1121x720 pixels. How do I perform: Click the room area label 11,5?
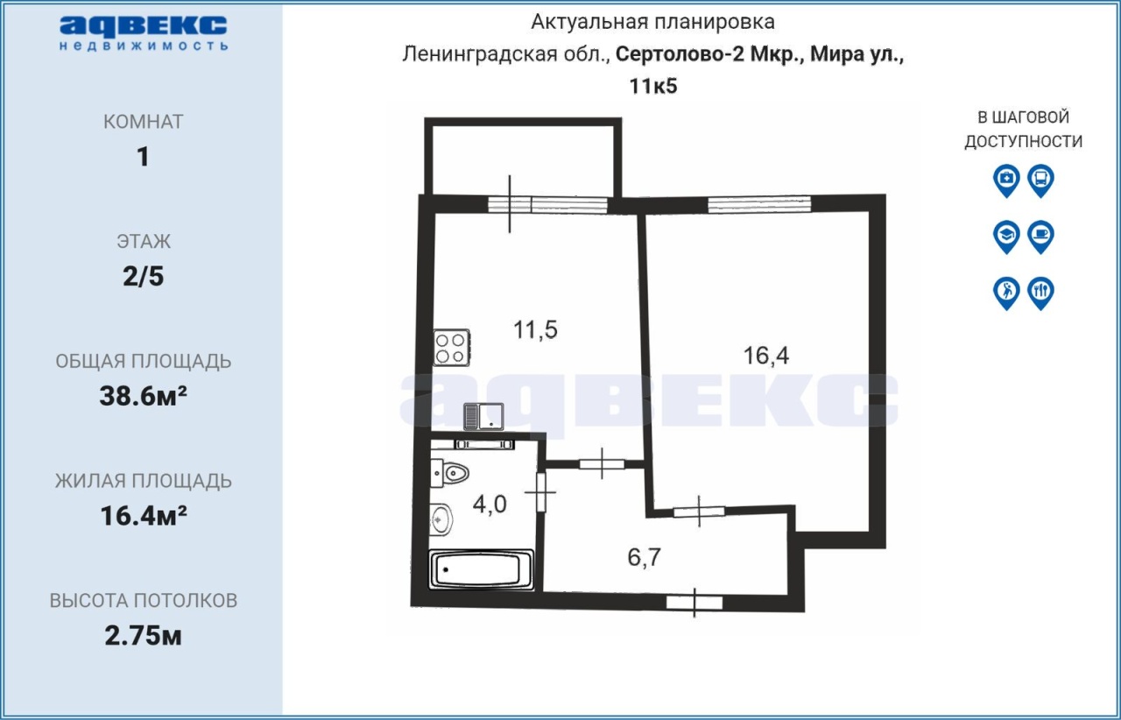(x=535, y=330)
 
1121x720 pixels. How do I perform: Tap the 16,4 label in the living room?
(x=766, y=356)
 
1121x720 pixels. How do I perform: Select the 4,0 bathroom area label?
(x=490, y=505)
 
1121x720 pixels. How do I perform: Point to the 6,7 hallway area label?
(x=645, y=557)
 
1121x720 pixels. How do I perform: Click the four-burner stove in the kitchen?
(x=451, y=348)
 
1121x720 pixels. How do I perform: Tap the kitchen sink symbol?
(x=483, y=417)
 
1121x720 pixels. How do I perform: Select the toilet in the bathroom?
(x=449, y=473)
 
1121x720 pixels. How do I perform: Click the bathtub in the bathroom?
(x=482, y=569)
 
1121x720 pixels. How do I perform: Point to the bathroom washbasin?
(x=441, y=519)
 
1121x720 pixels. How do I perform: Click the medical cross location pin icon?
(x=1006, y=180)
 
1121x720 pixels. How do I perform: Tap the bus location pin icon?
(x=1041, y=180)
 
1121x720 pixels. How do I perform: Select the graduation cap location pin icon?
(x=1006, y=236)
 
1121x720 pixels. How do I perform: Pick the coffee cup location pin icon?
(x=1041, y=236)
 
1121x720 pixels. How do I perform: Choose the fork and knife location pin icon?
(x=1041, y=293)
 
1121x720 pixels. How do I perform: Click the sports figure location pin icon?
(x=1006, y=293)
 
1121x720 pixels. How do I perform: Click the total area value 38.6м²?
(x=143, y=396)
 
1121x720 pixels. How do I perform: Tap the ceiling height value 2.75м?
(x=143, y=636)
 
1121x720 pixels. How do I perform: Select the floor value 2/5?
(x=143, y=277)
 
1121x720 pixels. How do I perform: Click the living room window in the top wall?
(x=759, y=204)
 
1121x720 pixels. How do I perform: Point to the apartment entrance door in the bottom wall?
(x=694, y=603)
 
